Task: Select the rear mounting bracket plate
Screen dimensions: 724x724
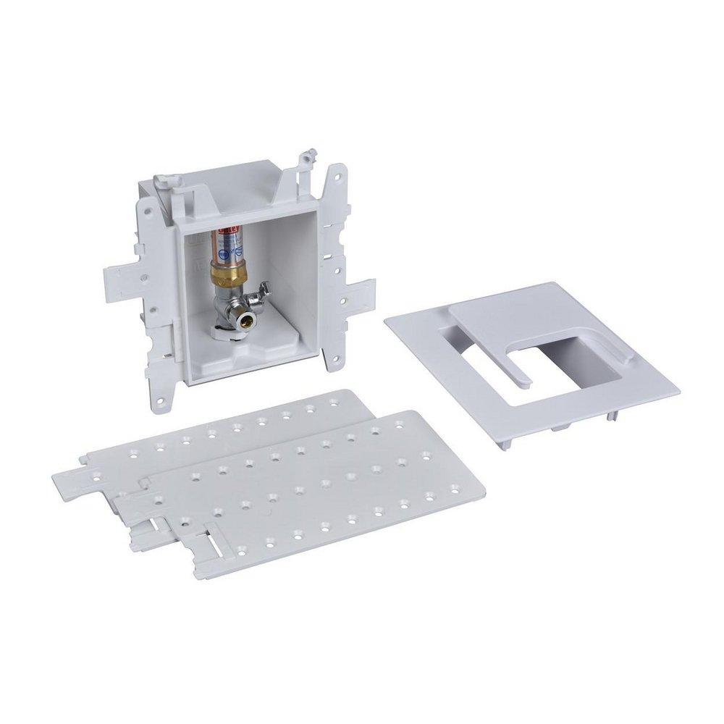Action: (x=217, y=442)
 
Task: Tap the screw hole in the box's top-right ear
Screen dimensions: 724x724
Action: (x=339, y=174)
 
